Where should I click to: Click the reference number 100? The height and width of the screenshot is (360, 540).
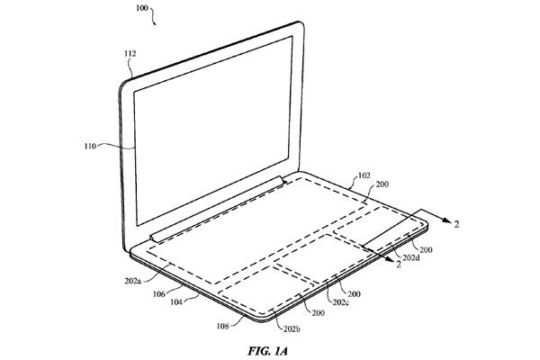141,7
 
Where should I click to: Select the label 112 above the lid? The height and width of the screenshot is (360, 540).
130,53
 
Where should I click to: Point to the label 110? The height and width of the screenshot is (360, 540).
90,146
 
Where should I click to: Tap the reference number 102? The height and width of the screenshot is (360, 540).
364,175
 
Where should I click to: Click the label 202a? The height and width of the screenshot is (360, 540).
133,281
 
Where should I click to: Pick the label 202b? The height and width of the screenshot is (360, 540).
292,329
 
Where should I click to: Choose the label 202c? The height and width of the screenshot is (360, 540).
341,302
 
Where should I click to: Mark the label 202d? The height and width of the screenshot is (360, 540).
411,257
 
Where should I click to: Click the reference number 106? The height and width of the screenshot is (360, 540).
159,294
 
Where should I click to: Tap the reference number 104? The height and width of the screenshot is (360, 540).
176,302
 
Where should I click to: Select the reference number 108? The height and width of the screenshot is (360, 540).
222,326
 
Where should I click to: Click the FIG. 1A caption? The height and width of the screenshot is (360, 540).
267,351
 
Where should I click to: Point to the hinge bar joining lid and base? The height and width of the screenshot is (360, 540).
218,210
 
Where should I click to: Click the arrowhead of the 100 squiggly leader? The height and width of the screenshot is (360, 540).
155,23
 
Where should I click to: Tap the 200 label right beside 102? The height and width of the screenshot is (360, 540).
382,184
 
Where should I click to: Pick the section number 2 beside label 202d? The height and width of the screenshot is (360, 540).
399,265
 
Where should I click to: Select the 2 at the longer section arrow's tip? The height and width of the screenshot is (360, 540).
456,224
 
